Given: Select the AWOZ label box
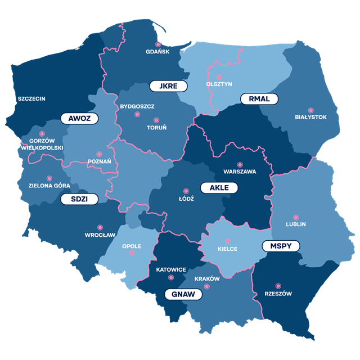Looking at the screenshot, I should tap(79, 118).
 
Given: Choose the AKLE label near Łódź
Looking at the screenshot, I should tap(219, 187).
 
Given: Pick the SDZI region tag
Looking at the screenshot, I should tap(79, 199).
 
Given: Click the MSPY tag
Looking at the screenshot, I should tap(281, 246).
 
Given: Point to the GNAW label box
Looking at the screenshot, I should tap(183, 294).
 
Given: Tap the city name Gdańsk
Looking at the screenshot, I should tap(157, 52).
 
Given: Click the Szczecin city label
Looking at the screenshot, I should tap(31, 98).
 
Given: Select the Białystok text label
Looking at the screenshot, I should tap(310, 118).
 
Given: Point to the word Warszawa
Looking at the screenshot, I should tap(240, 171).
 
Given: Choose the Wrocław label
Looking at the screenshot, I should tap(100, 235).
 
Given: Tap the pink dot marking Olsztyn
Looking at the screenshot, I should tap(219, 76).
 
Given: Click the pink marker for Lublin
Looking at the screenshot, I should tap(296, 217).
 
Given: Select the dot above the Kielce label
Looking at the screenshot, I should tap(228, 241).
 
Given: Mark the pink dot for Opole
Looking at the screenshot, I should tap(132, 253).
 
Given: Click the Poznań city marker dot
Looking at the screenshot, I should tap(99, 154).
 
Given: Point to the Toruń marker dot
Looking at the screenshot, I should tap(156, 120).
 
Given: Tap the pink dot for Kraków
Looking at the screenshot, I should tap(207, 286).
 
